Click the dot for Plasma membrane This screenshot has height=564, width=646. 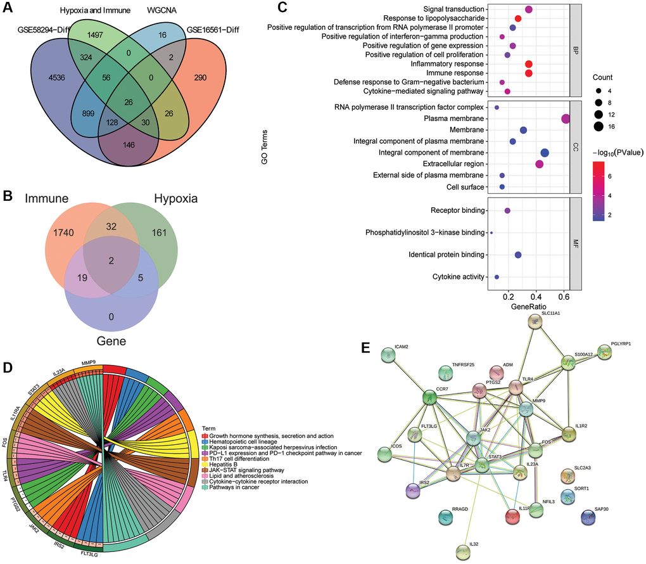pos(565,119)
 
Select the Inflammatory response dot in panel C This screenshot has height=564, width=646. pos(529,64)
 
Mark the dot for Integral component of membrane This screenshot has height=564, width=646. pos(545,153)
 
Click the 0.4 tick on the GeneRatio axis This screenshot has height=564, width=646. pos(536,295)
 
